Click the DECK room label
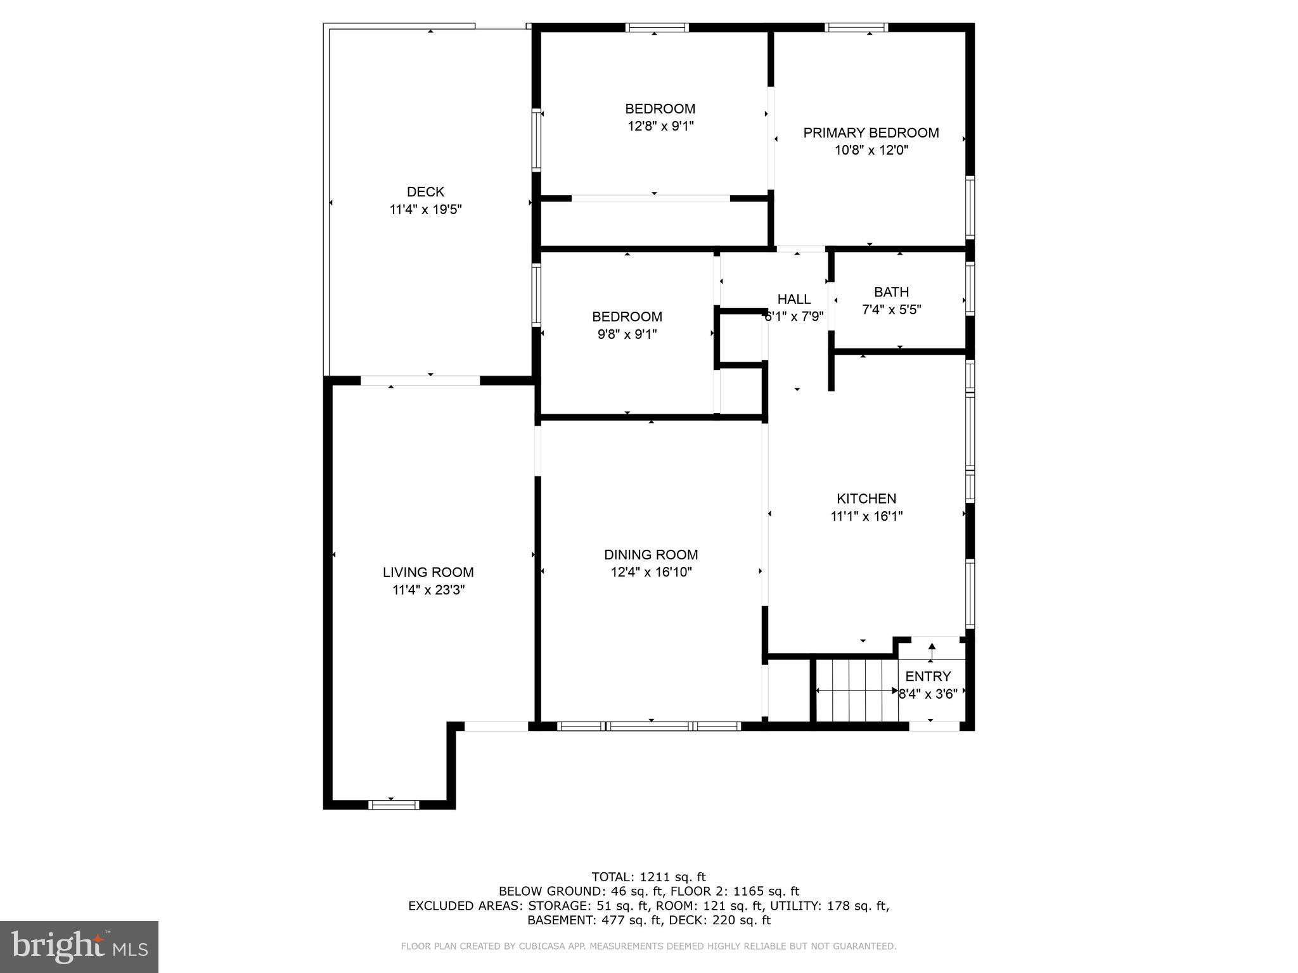pos(425,191)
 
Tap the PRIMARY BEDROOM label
pos(871,133)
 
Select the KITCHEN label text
pos(866,499)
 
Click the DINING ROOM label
pos(651,555)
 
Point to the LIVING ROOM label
pos(428,572)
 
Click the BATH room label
pos(891,292)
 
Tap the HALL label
pos(794,299)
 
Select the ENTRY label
pos(928,676)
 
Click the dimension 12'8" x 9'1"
pos(660,126)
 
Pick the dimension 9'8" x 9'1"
pos(627,334)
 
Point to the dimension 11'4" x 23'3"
pos(428,590)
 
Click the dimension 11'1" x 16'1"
pos(866,516)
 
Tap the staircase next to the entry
pos(856,690)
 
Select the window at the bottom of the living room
pos(394,804)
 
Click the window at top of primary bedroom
pos(856,27)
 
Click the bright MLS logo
pos(79,946)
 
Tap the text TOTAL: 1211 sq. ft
pos(648,877)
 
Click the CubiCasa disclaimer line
pos(648,946)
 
